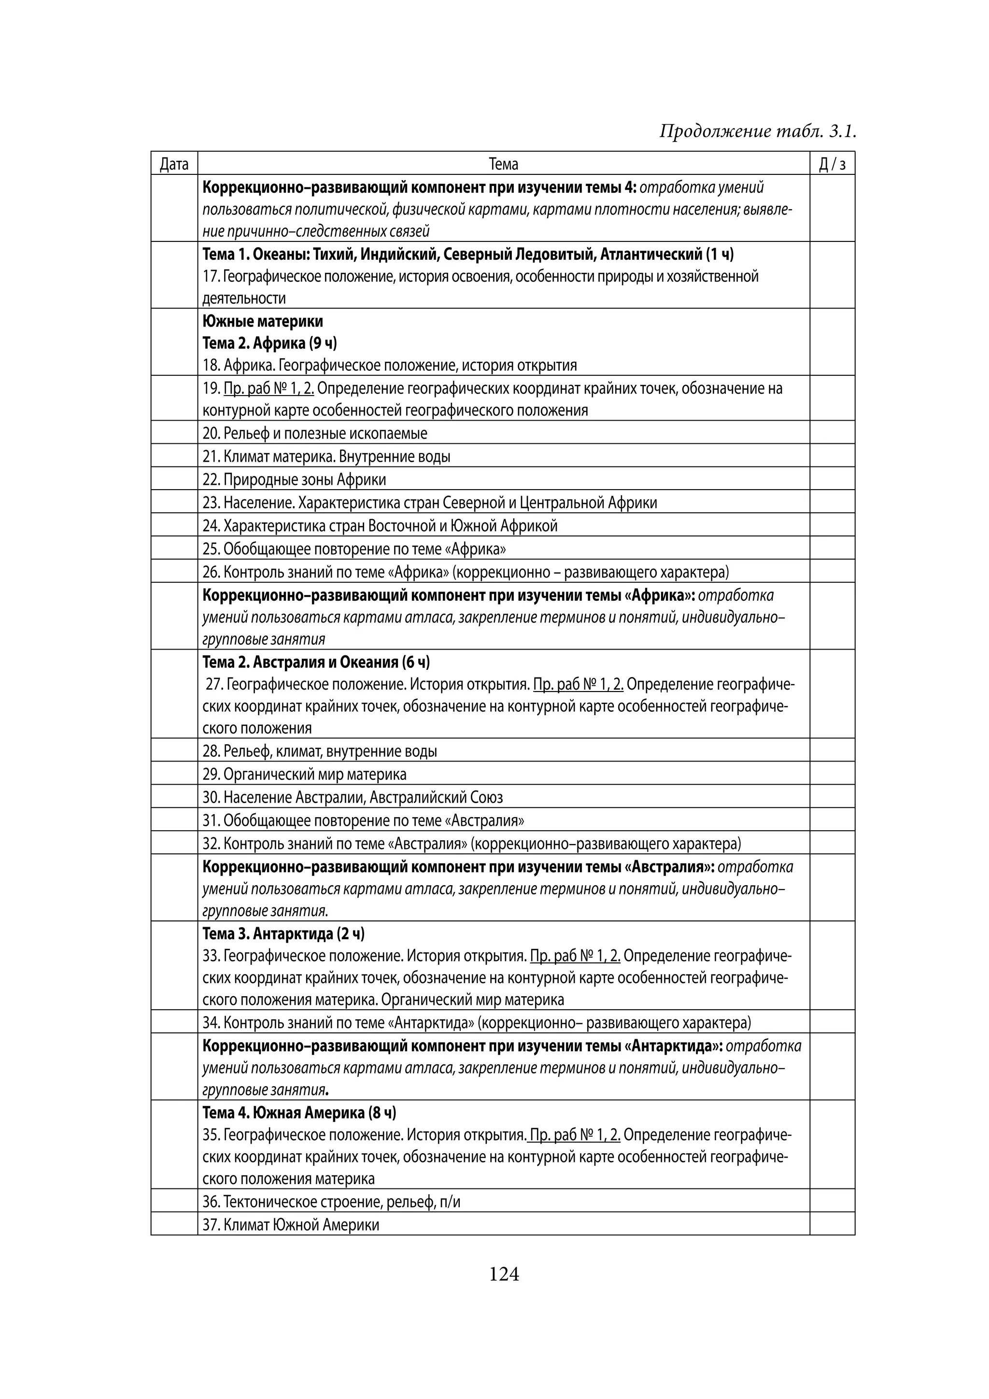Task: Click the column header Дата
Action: point(174,164)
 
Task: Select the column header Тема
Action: point(503,164)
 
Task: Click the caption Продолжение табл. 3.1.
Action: point(758,131)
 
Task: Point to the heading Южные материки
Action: point(263,321)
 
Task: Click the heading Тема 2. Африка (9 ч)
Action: point(269,343)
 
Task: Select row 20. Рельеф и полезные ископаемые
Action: point(315,433)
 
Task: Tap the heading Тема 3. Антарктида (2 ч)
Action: point(283,933)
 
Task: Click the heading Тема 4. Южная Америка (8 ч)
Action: point(299,1113)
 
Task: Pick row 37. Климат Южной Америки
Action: point(291,1225)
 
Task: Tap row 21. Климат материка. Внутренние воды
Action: point(326,456)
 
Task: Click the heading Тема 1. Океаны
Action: point(467,254)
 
